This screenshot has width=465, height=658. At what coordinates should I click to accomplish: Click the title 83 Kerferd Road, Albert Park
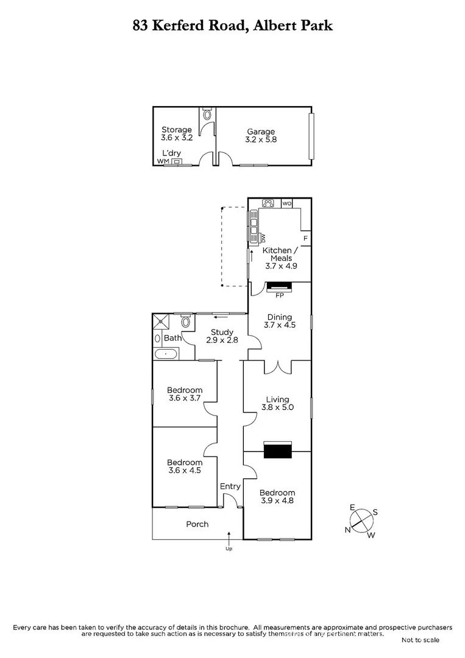pyautogui.click(x=232, y=26)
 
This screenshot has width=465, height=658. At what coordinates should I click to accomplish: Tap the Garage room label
pyautogui.click(x=261, y=135)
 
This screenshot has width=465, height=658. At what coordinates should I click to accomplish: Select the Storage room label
pyautogui.click(x=177, y=133)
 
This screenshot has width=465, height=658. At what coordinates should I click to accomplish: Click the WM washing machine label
pyautogui.click(x=162, y=161)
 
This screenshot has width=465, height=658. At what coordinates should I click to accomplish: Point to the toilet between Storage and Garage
pyautogui.click(x=208, y=114)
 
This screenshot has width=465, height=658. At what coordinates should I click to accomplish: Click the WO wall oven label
pyautogui.click(x=286, y=203)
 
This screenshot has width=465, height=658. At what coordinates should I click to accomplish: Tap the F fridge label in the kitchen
pyautogui.click(x=305, y=238)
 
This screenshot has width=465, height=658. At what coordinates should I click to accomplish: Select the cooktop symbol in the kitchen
pyautogui.click(x=268, y=203)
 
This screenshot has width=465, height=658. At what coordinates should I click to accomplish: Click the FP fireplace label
pyautogui.click(x=280, y=296)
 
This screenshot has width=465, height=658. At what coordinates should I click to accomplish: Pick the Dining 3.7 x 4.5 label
pyautogui.click(x=280, y=321)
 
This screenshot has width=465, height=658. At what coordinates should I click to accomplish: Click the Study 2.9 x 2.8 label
pyautogui.click(x=222, y=336)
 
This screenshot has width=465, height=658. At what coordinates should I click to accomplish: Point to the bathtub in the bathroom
pyautogui.click(x=165, y=354)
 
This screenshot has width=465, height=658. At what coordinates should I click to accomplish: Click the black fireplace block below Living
pyautogui.click(x=277, y=451)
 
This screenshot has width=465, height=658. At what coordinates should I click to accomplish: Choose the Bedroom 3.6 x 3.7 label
pyautogui.click(x=185, y=394)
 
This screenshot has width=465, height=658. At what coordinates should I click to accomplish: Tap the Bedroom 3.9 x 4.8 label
pyautogui.click(x=277, y=497)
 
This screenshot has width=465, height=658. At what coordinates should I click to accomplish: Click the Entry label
pyautogui.click(x=230, y=486)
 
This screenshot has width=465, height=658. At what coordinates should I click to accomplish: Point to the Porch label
pyautogui.click(x=197, y=524)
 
